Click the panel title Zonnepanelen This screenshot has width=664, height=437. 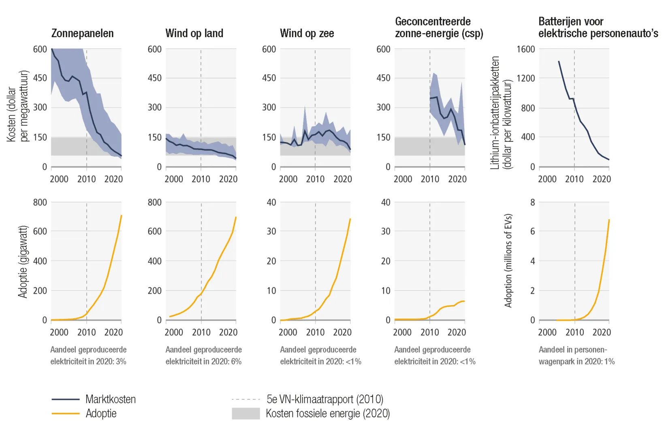[x=82, y=33]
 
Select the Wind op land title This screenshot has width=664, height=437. [x=194, y=33]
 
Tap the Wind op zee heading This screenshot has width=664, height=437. [x=307, y=33]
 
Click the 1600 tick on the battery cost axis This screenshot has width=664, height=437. [x=525, y=49]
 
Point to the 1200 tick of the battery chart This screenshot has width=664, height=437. [x=525, y=78]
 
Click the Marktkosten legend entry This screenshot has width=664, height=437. [x=110, y=399]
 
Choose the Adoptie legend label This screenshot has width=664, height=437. [x=101, y=414]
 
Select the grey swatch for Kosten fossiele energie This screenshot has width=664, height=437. [x=246, y=414]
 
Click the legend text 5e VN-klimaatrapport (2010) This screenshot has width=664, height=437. [x=325, y=399]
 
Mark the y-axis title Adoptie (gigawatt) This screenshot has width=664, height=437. [x=23, y=261]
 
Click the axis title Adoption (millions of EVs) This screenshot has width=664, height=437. [x=508, y=261]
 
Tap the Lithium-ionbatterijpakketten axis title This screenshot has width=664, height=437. [x=495, y=112]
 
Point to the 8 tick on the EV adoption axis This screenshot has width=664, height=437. [x=532, y=202]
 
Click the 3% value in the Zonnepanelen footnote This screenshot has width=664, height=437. [x=121, y=361]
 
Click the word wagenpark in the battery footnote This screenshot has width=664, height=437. [x=556, y=361]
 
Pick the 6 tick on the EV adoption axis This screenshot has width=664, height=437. [x=532, y=231]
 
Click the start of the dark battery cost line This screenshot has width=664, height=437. [x=559, y=62]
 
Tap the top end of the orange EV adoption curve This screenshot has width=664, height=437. [x=609, y=220]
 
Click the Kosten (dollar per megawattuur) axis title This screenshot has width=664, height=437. [x=18, y=106]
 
